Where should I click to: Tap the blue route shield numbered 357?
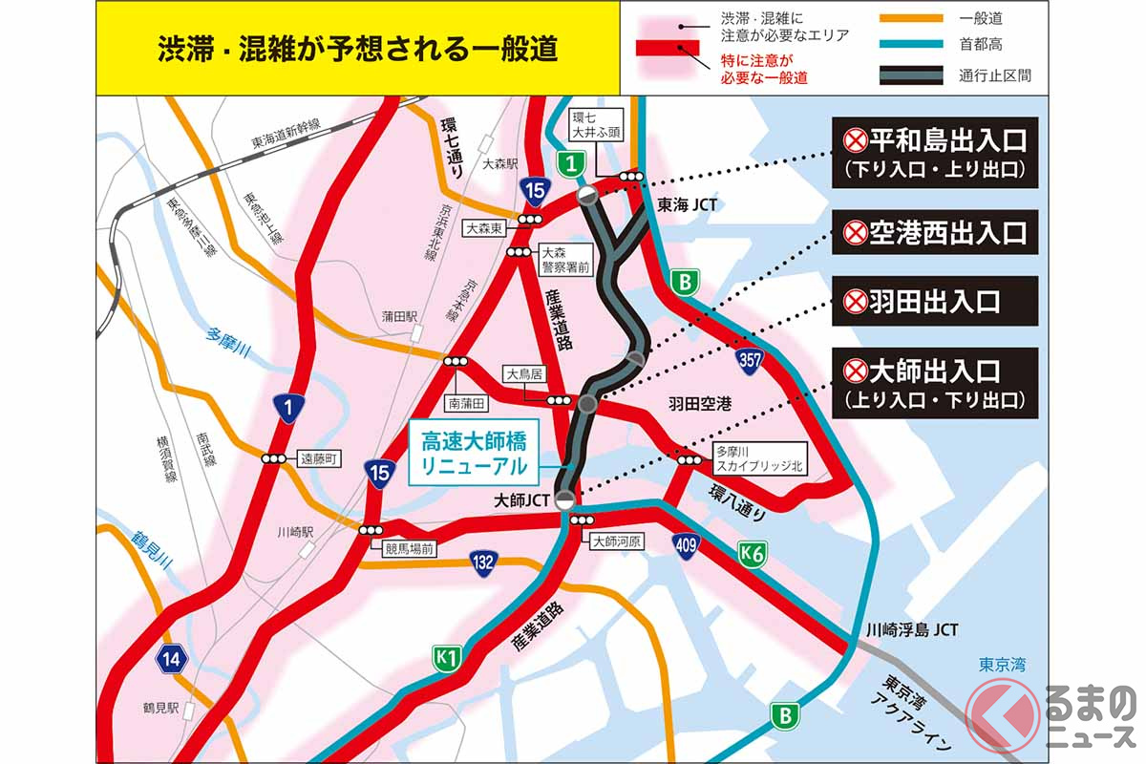coord(749,359)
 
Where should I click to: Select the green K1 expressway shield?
coord(447,657)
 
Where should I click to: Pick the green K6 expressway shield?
coord(752,551)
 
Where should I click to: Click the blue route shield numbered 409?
coord(690,545)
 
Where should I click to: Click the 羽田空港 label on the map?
coord(698,404)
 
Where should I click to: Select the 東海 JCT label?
coord(688,204)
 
